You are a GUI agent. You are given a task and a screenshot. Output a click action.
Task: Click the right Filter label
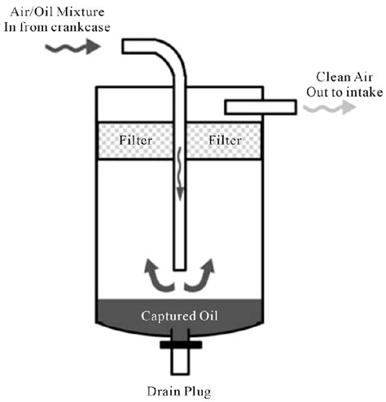226,139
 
